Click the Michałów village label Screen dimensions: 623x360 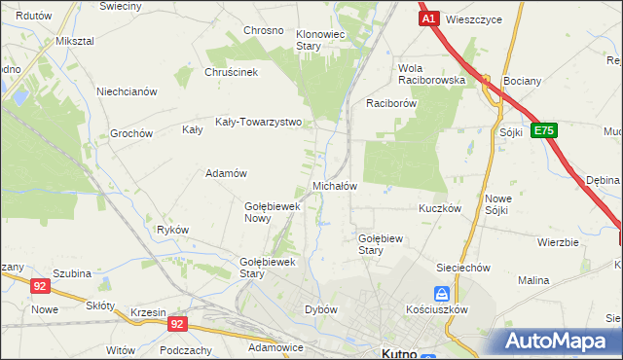(335, 185)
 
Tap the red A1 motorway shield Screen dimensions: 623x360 (428, 18)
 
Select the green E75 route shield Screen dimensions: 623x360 (544, 129)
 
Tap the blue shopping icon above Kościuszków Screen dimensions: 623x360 (442, 293)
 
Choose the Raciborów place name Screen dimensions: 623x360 (391, 102)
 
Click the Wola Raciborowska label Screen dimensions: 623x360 (431, 74)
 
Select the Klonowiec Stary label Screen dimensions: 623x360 (321, 40)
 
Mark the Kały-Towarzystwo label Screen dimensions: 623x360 (259, 124)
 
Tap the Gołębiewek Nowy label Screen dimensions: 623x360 (271, 212)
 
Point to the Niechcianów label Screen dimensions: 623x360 (127, 92)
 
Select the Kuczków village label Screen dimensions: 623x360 (439, 208)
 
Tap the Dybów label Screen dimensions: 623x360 (320, 309)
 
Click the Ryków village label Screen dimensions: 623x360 (172, 230)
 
